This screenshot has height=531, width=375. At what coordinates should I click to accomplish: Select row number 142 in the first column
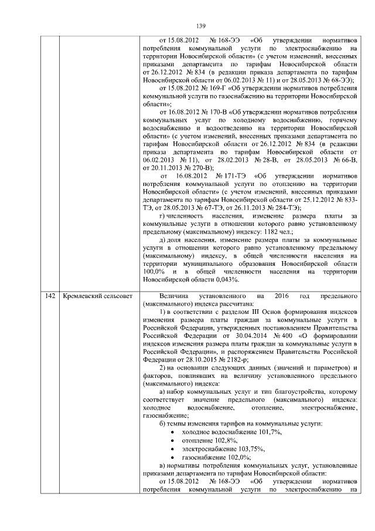point(50,296)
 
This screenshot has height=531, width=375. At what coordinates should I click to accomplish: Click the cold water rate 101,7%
point(268,431)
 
